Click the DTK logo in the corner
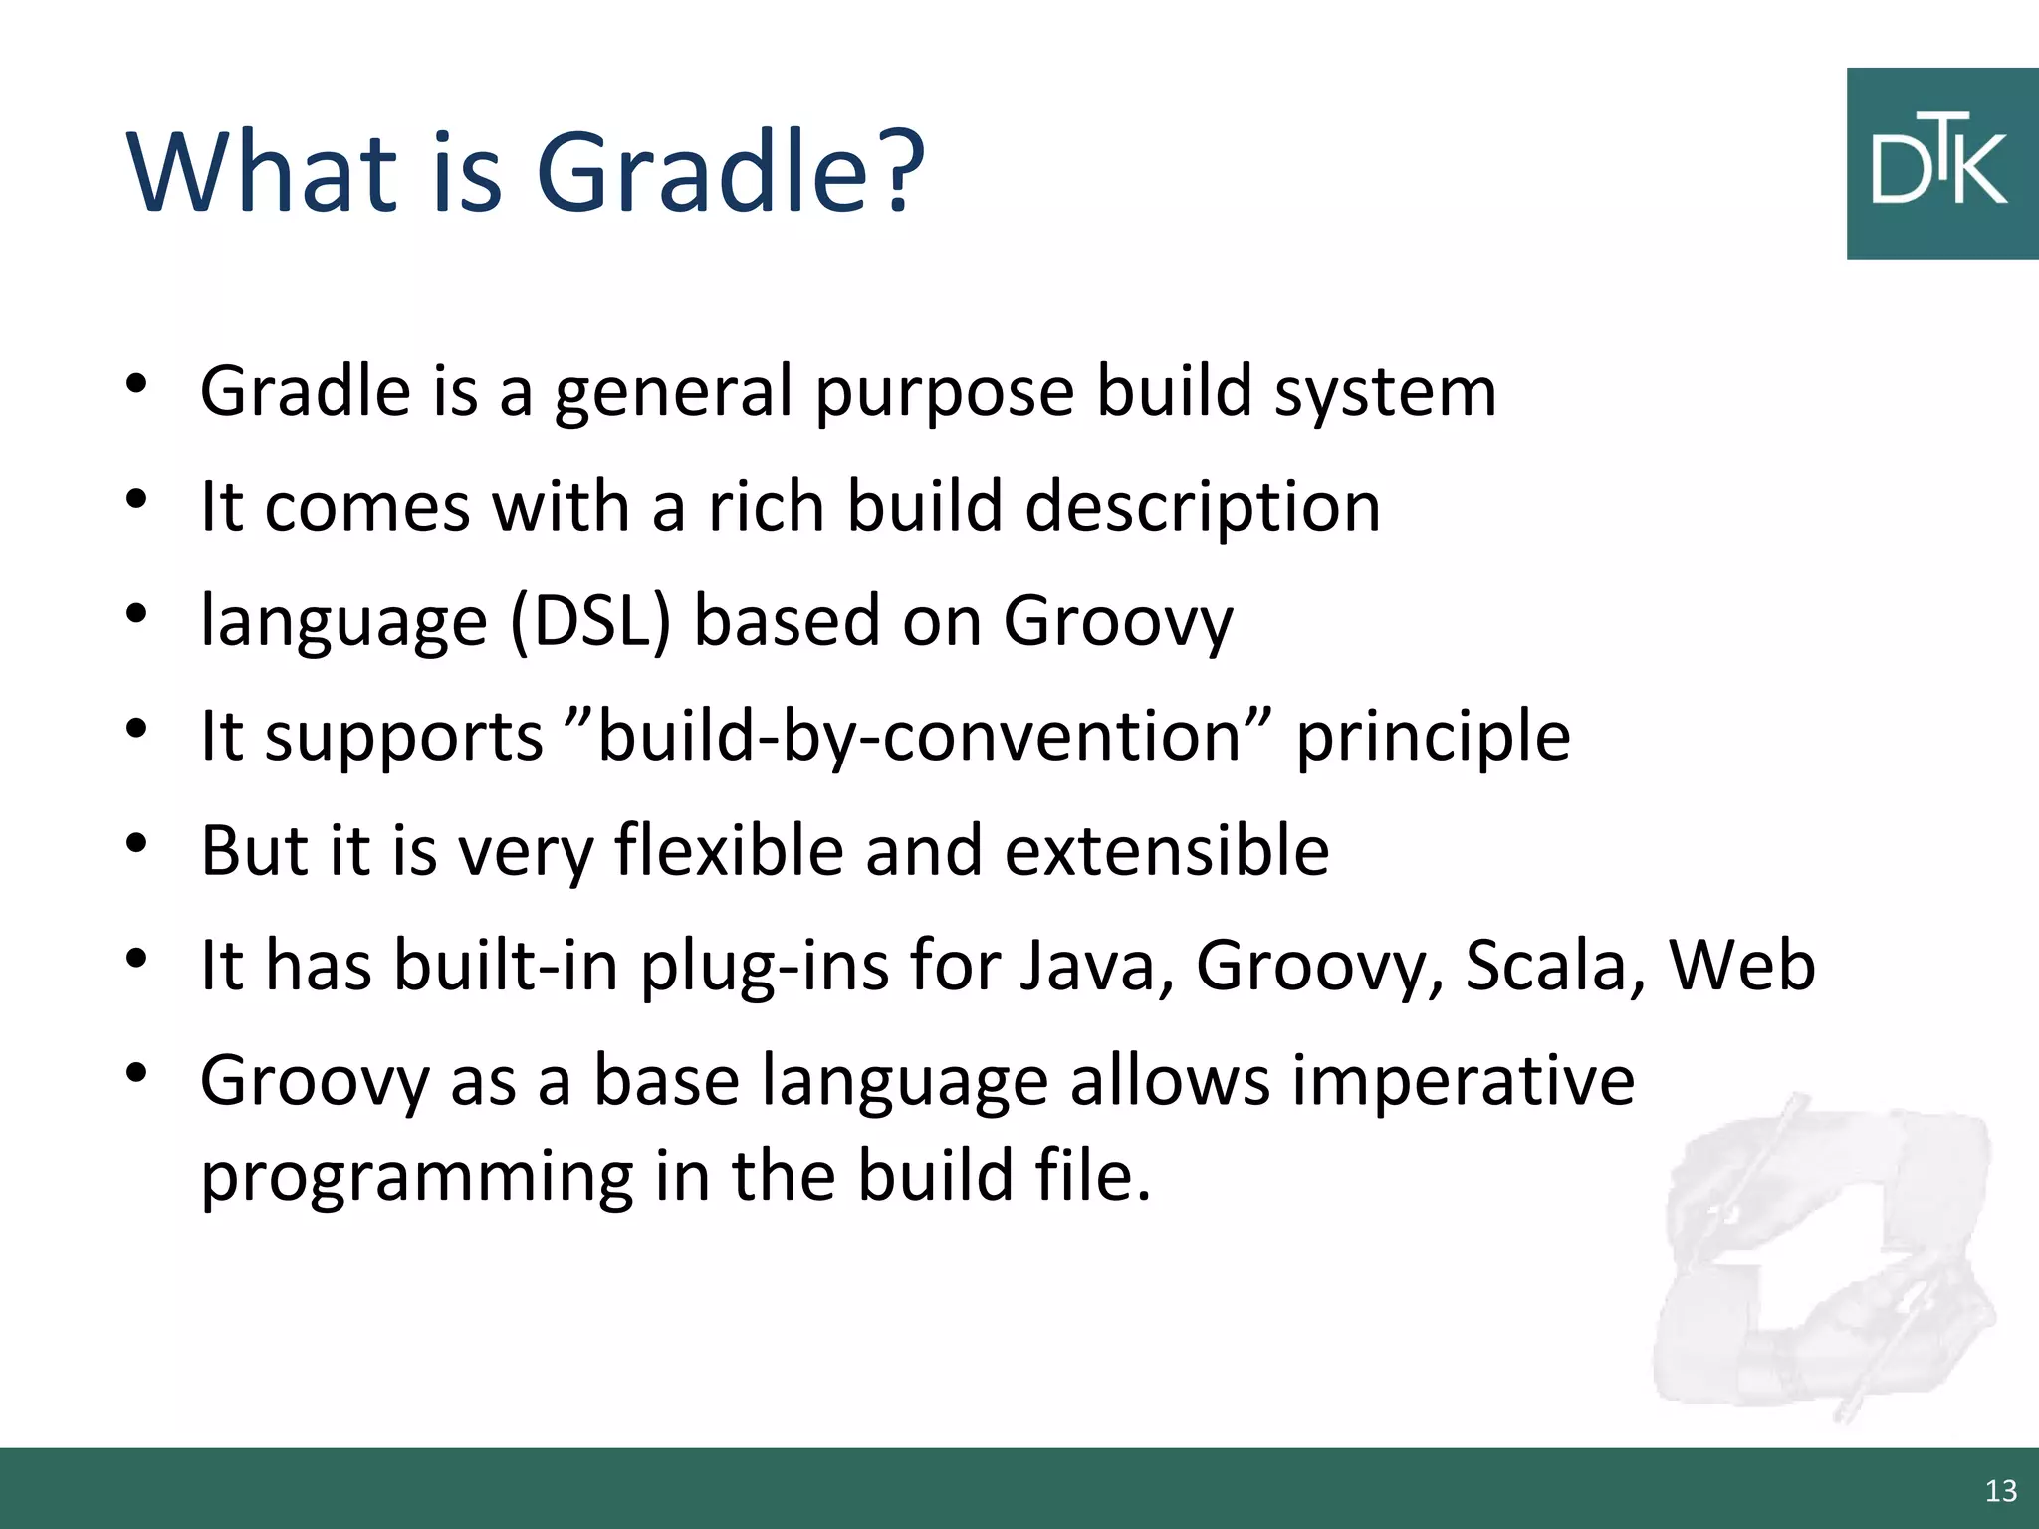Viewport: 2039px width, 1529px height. (1941, 164)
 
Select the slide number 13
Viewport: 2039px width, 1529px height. (2000, 1490)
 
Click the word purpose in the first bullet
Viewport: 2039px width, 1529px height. (944, 394)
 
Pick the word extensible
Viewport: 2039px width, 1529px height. (1166, 850)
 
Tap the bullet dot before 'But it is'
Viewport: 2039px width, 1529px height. (137, 844)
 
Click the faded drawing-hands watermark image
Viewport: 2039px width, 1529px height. (1822, 1259)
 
